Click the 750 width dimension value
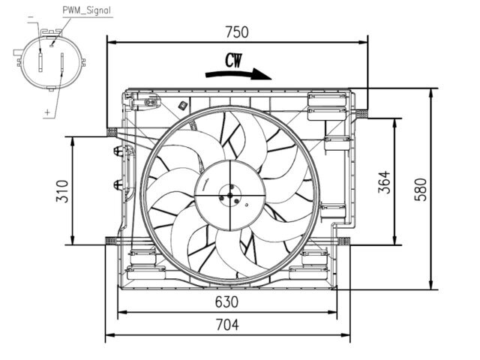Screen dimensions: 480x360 coord(237,32)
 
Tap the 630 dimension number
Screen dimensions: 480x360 coord(226,302)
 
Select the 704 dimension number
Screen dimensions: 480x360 coord(227,325)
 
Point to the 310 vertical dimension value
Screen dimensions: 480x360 coord(62,191)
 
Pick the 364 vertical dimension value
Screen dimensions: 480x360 coord(385,182)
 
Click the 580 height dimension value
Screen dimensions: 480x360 coord(421,190)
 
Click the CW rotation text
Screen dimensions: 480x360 coord(233,61)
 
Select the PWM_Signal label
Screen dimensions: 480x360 coord(87,10)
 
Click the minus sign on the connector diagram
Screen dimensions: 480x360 coord(31,18)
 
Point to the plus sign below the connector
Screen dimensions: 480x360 coord(47,112)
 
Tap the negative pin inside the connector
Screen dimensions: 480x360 coord(40,62)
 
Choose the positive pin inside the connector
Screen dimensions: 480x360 coord(62,62)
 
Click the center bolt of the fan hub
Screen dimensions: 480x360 coord(230,195)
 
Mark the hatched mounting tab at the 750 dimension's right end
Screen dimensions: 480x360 coord(362,113)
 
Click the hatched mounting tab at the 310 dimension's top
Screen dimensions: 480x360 coord(112,132)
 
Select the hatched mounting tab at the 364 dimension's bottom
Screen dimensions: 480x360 coord(343,241)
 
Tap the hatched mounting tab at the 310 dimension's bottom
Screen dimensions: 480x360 coord(111,241)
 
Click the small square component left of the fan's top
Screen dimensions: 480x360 coord(183,105)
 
